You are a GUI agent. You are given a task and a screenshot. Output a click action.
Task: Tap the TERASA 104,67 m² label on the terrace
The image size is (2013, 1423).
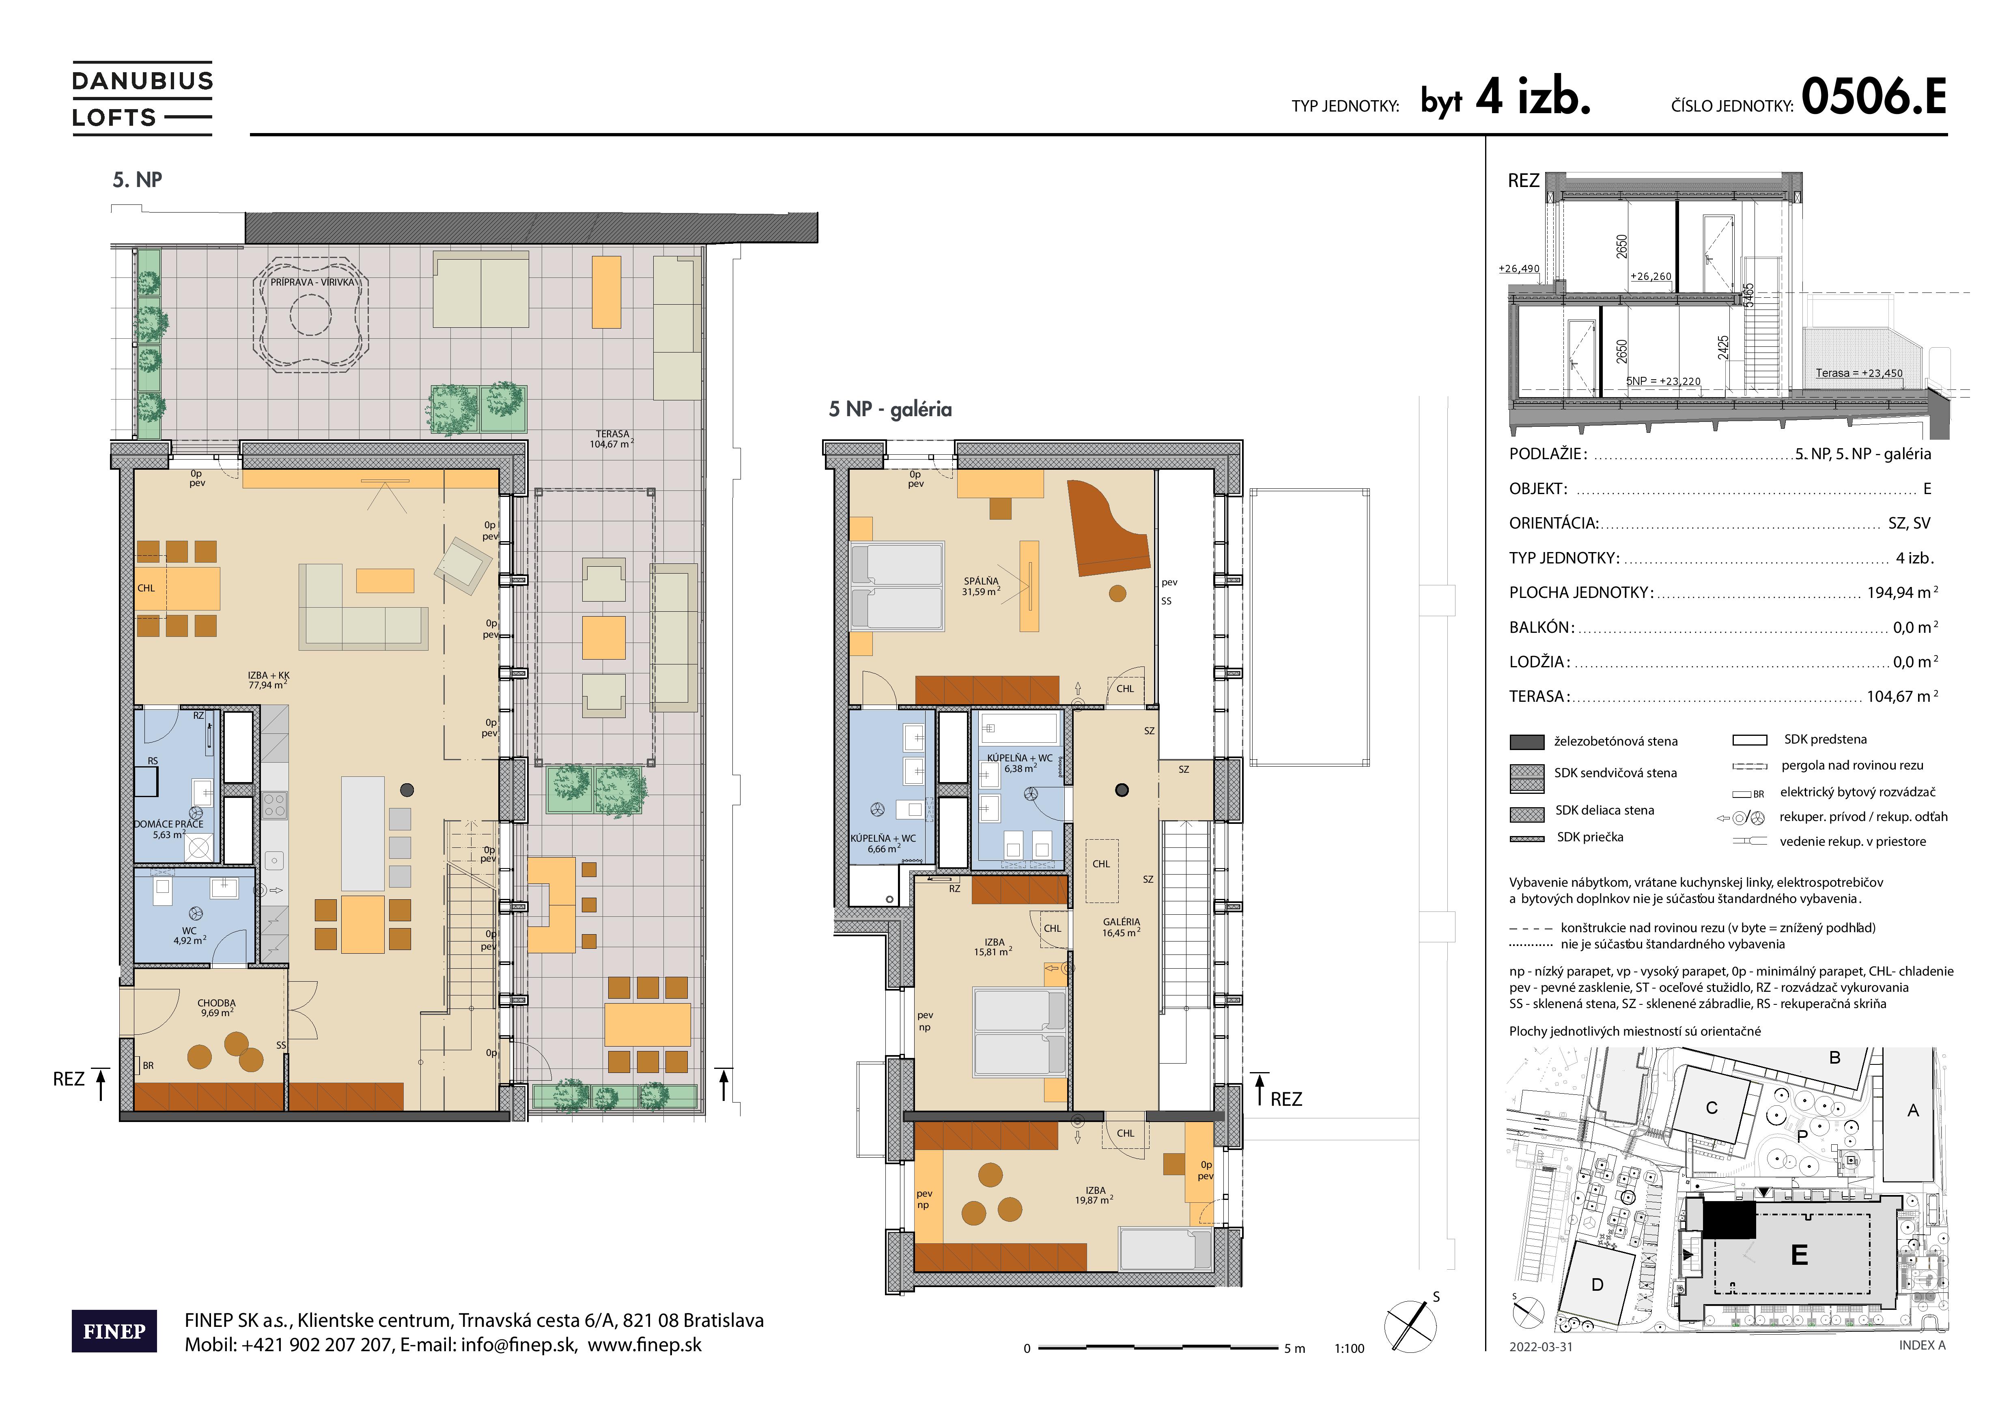pyautogui.click(x=612, y=439)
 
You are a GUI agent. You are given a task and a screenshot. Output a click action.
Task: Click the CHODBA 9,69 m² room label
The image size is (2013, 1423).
pyautogui.click(x=217, y=1008)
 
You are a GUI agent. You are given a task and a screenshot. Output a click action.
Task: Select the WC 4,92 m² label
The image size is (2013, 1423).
pyautogui.click(x=189, y=936)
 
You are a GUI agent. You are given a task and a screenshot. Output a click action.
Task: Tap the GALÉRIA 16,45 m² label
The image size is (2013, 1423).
pyautogui.click(x=1122, y=927)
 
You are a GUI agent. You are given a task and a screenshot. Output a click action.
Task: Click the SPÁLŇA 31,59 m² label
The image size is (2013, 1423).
pyautogui.click(x=981, y=586)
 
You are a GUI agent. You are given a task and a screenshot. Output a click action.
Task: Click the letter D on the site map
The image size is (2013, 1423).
pyautogui.click(x=1597, y=1285)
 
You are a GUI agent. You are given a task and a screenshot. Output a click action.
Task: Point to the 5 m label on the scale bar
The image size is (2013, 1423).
pyautogui.click(x=1294, y=1348)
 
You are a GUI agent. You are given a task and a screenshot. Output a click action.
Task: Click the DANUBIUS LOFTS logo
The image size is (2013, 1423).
pyautogui.click(x=142, y=98)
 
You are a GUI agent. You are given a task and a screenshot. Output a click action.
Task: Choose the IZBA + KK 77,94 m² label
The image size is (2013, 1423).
pyautogui.click(x=268, y=680)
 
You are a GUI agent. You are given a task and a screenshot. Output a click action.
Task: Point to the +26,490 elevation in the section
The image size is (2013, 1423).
pyautogui.click(x=1518, y=268)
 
